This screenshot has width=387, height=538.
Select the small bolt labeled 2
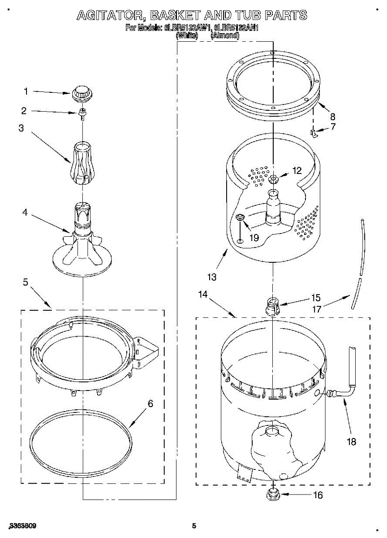pos(82,113)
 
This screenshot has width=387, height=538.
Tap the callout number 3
pos(21,128)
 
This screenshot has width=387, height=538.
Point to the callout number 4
pos(25,212)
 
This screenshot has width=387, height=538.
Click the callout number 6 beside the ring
pos(150,404)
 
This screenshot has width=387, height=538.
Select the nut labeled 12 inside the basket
pos(273,179)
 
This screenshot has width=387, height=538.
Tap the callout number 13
pos(212,277)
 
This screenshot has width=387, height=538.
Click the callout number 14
pos(203,295)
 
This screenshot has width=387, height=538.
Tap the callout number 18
pos(351,442)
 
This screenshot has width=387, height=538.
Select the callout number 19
pos(254,238)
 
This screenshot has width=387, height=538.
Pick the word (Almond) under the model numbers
pos(224,35)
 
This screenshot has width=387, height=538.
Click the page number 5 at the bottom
pos(193,526)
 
